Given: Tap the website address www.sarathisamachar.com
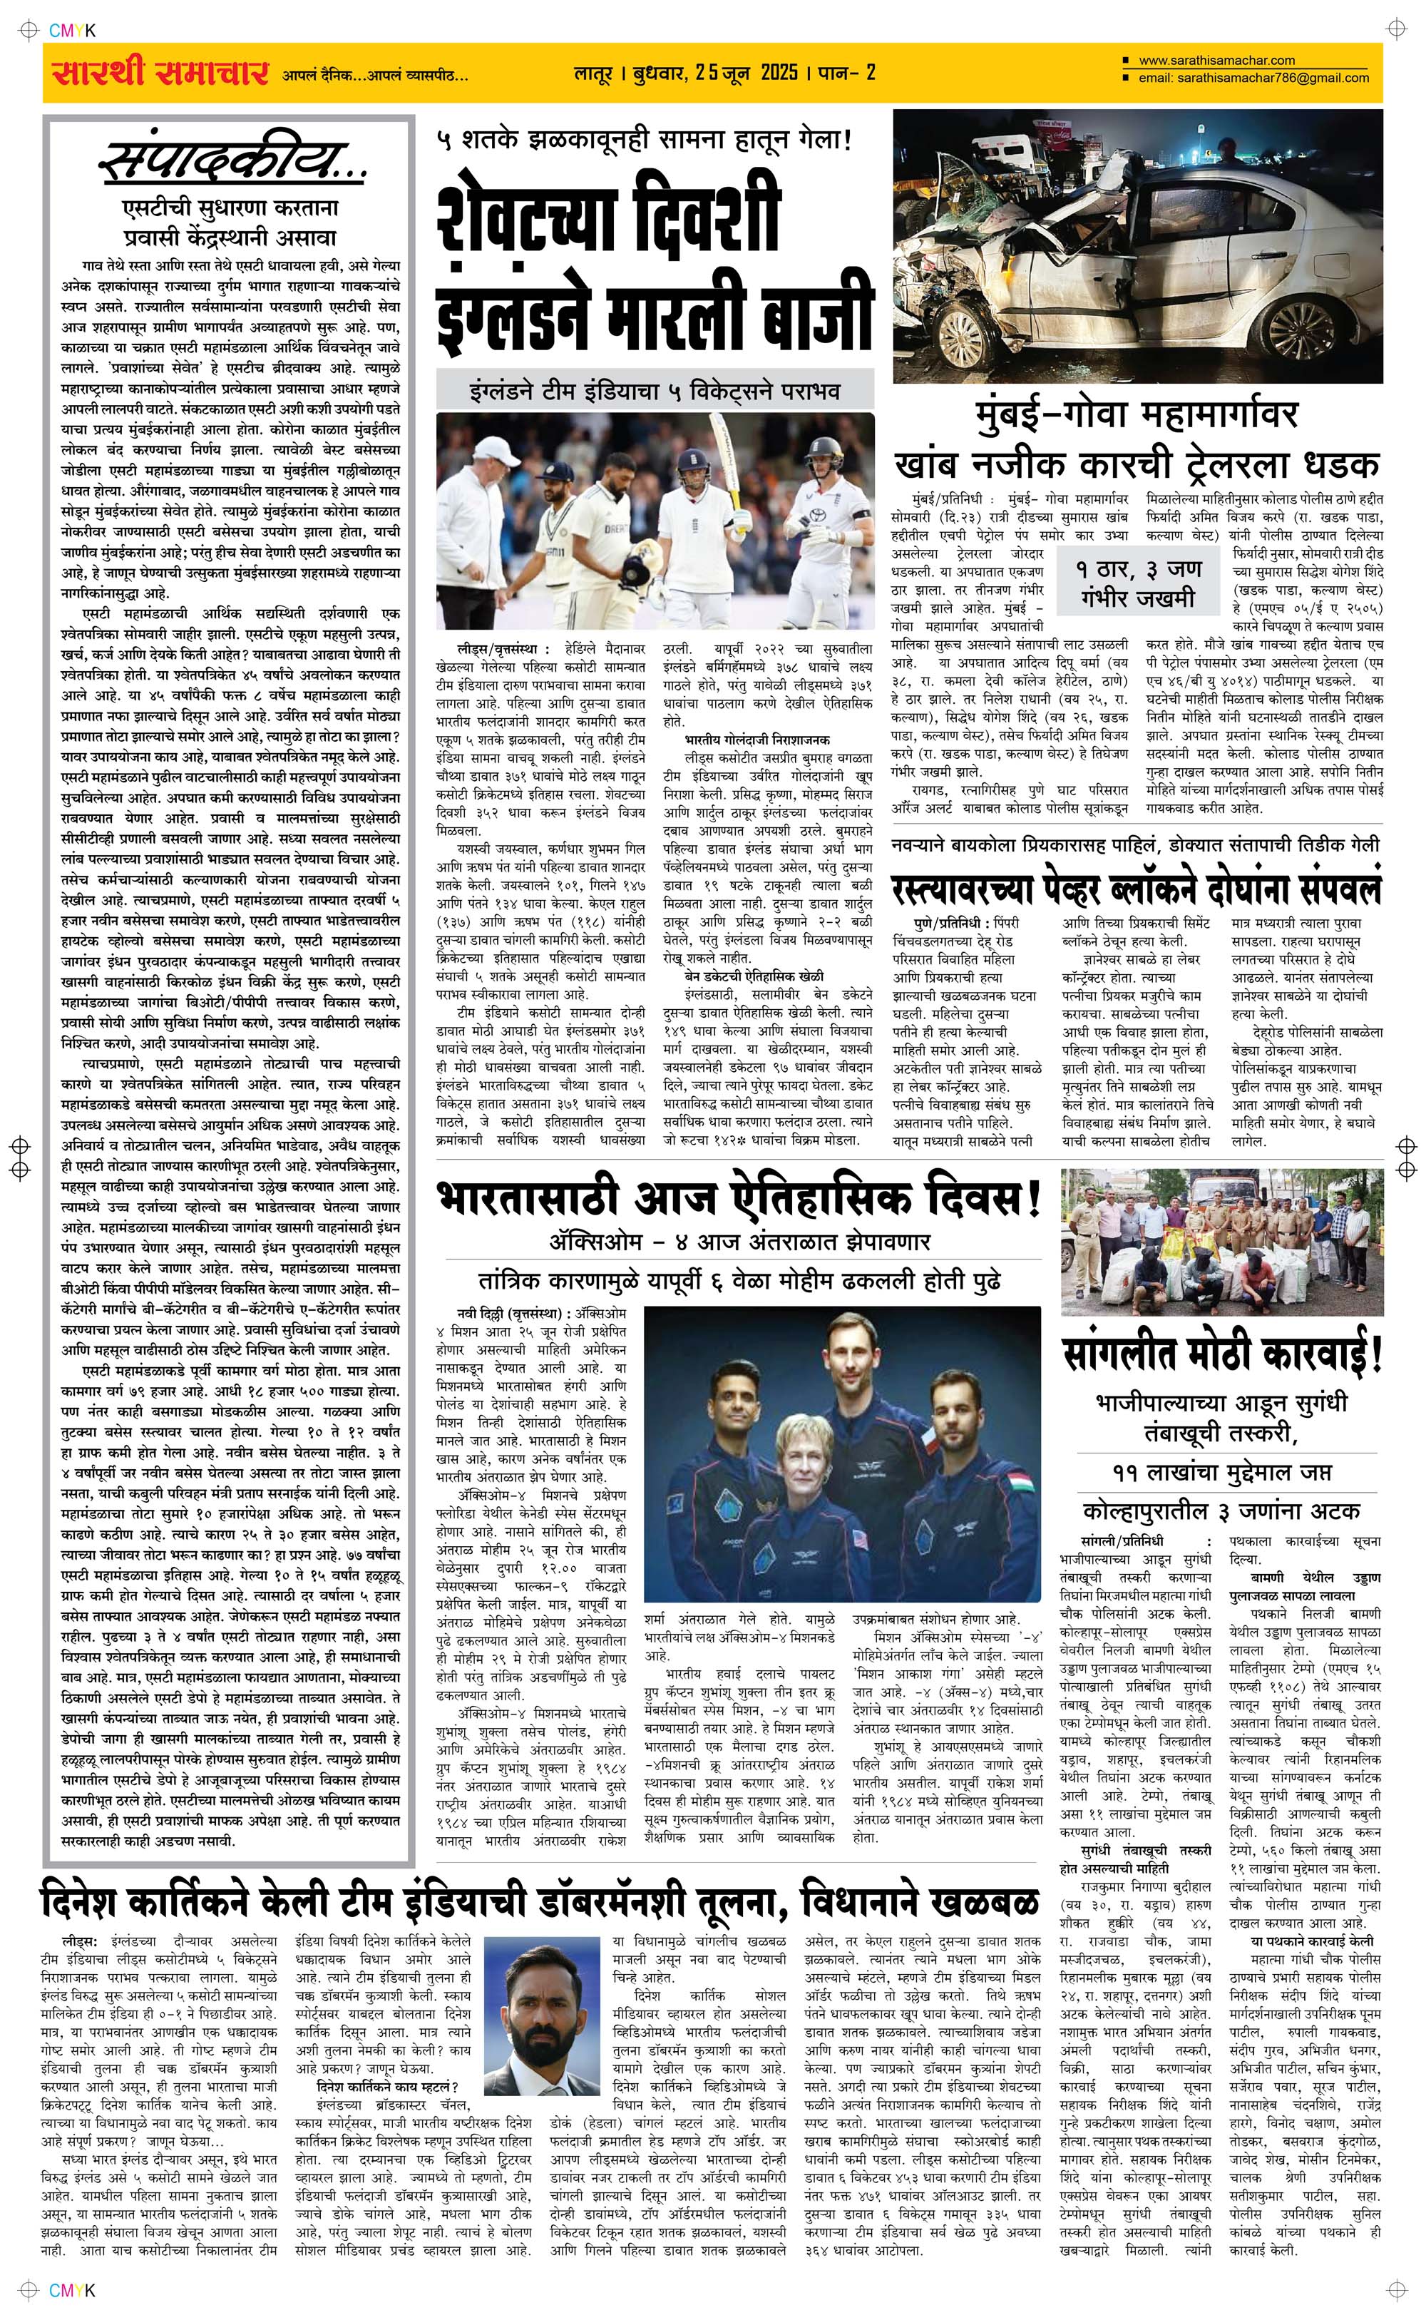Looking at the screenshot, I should tap(1216, 61).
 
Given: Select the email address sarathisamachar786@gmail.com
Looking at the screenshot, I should tap(1253, 78).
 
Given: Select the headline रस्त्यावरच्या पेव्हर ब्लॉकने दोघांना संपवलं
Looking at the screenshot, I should tap(1137, 886).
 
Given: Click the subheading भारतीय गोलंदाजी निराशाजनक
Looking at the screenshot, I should tap(757, 740).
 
